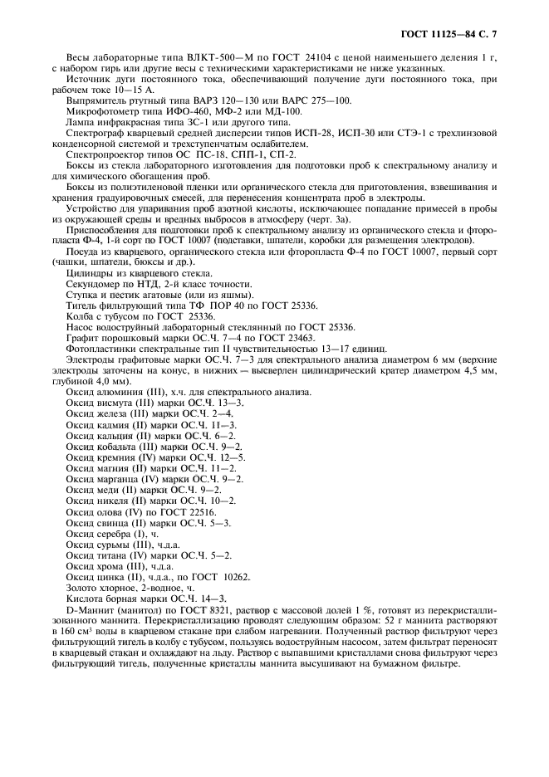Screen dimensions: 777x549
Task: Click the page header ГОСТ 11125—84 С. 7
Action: pos(454,32)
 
